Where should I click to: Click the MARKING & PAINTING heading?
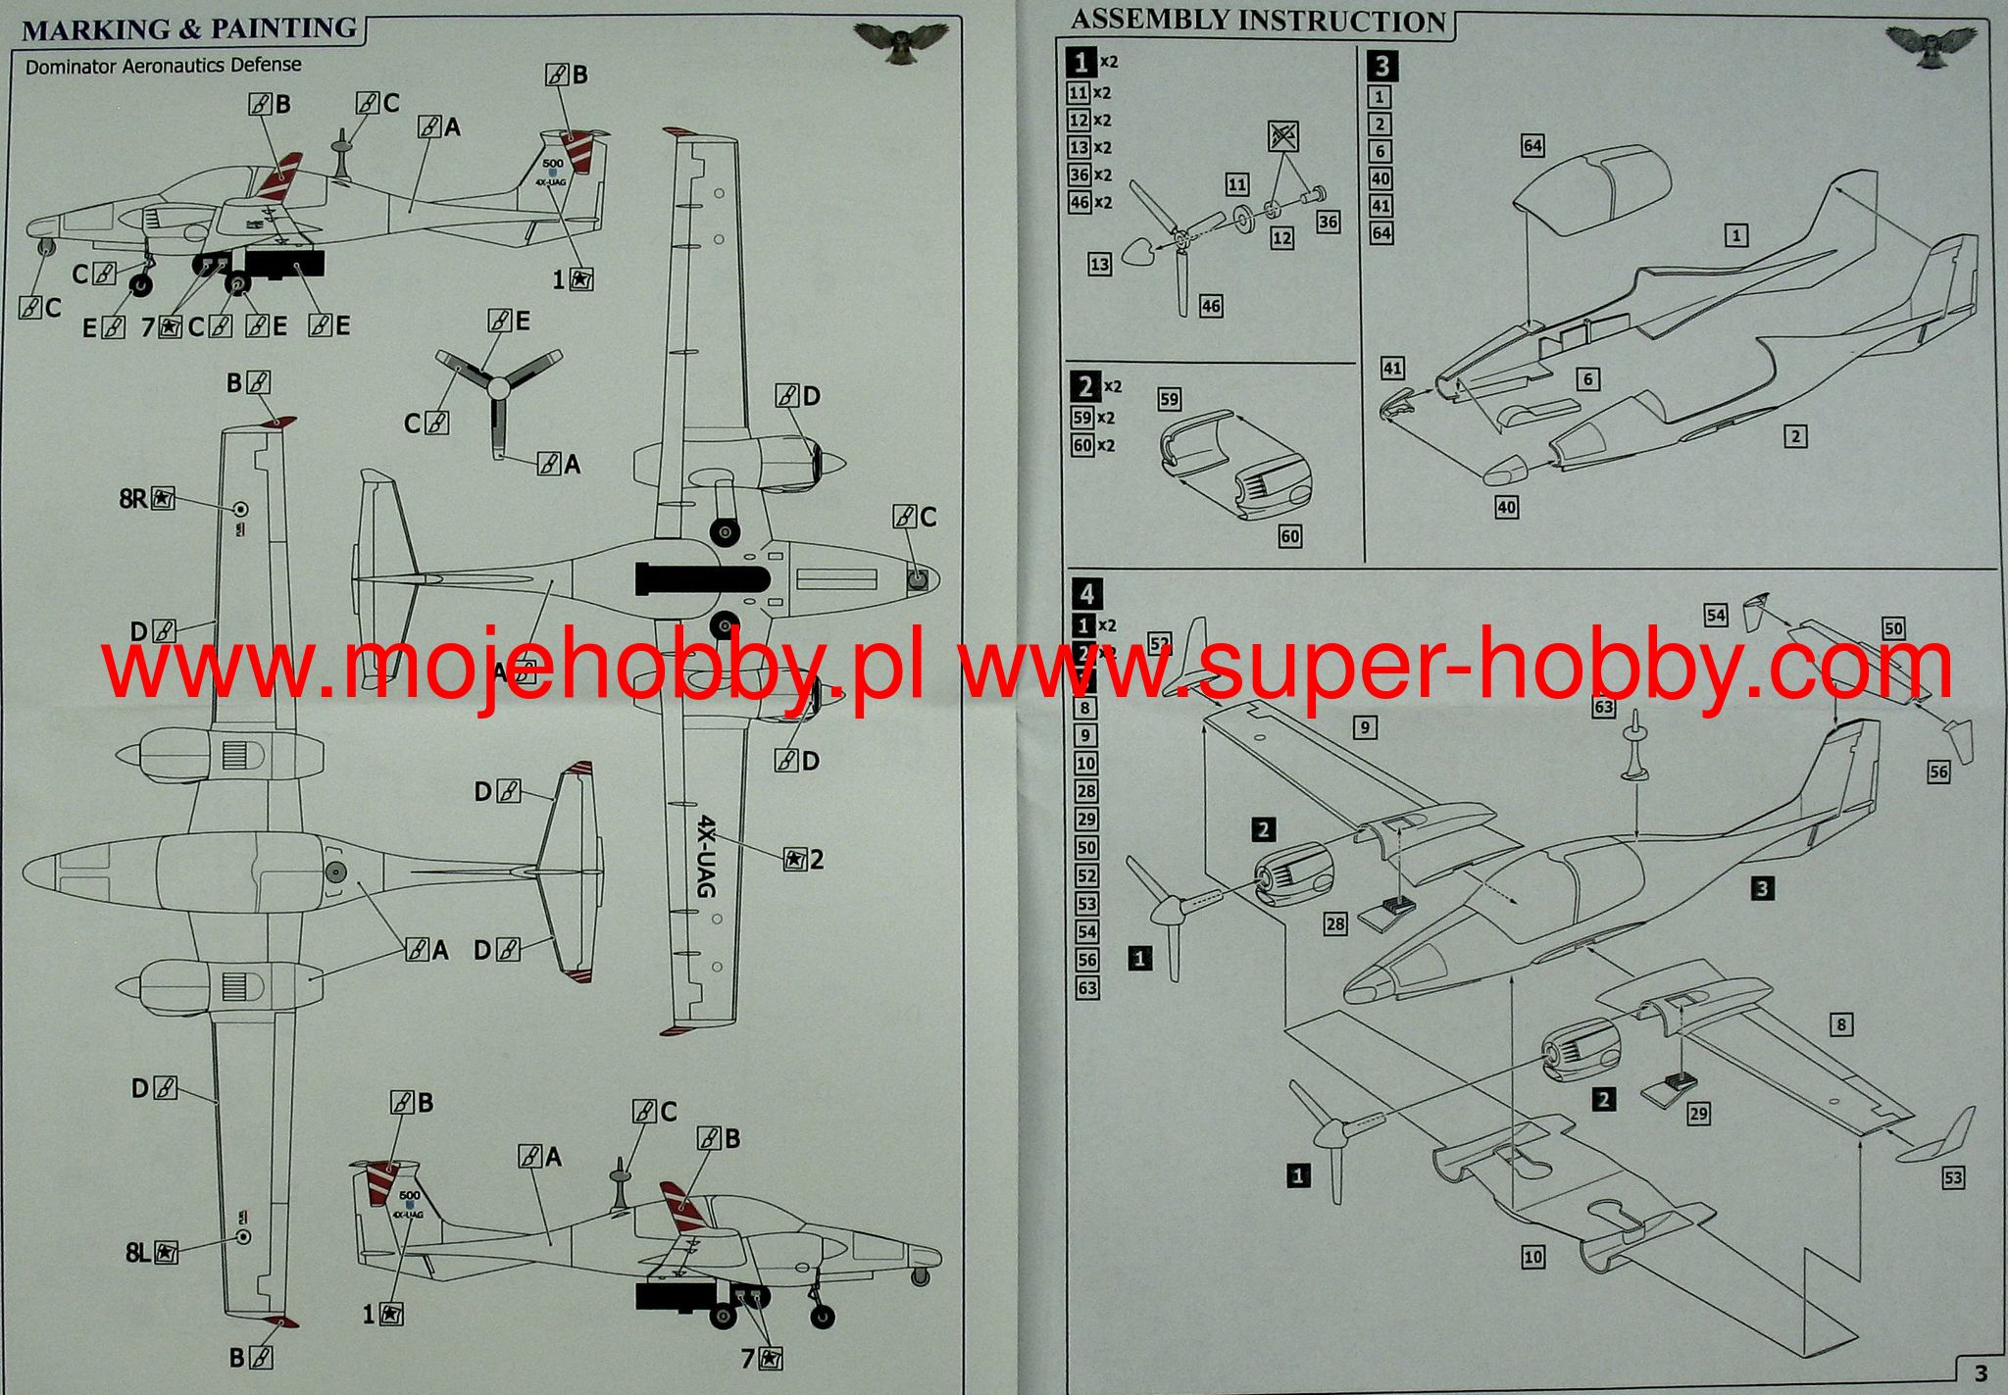189,28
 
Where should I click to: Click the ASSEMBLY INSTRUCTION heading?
1258,21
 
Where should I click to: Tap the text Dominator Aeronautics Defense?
163,66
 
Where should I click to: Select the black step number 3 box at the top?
1382,66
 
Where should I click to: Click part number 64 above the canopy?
1532,146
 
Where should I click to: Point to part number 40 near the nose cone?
1507,507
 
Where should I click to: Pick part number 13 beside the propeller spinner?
1100,264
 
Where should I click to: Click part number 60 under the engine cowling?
1290,536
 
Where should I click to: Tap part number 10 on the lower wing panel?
1532,1257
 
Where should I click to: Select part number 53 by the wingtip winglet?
1952,1176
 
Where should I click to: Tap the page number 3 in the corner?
1981,1372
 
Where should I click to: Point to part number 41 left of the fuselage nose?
1392,369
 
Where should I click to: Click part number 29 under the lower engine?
1699,1114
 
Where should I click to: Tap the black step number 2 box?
1084,386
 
